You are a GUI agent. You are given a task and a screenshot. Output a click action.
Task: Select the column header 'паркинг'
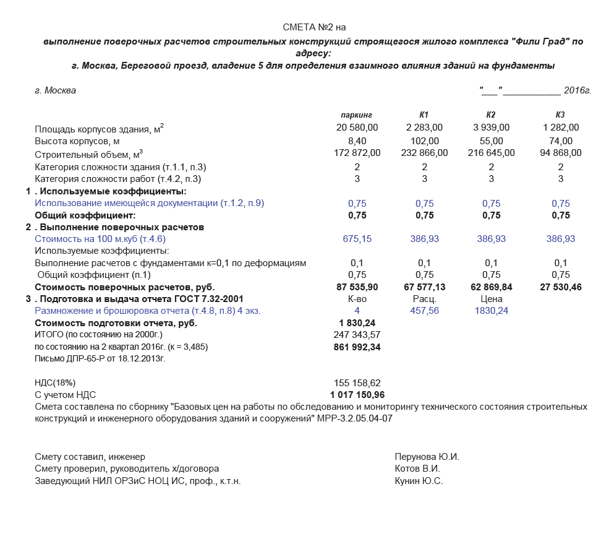(357, 115)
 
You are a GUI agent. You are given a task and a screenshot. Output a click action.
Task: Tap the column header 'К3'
(560, 115)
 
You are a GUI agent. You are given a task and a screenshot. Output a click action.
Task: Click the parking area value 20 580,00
(357, 128)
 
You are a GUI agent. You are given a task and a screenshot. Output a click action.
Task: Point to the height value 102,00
(424, 140)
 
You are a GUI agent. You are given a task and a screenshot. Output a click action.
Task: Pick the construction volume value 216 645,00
(491, 153)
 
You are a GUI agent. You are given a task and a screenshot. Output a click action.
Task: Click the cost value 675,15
(357, 239)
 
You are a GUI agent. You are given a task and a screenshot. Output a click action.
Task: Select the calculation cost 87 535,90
(357, 287)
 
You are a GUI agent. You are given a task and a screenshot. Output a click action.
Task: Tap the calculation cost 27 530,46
(560, 287)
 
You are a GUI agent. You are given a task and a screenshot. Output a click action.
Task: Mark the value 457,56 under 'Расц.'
(424, 311)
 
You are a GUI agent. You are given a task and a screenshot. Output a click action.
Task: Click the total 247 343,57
(357, 335)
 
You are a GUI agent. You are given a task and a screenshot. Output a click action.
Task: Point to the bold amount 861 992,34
(357, 347)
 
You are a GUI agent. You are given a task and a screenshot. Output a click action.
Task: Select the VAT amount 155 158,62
(357, 383)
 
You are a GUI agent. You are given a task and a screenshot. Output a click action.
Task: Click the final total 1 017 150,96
(357, 395)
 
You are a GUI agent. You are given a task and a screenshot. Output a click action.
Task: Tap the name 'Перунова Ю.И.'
(427, 457)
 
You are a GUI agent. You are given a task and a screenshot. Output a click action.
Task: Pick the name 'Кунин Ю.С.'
(419, 481)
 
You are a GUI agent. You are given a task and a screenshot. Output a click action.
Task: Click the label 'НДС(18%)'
(55, 383)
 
